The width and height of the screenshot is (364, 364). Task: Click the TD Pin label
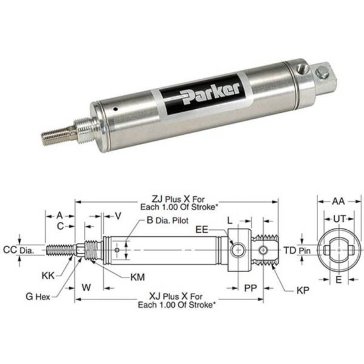(x=297, y=249)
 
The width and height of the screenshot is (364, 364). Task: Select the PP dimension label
(x=251, y=287)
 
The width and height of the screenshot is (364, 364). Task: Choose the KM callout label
(x=137, y=277)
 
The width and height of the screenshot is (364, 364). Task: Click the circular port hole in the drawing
(x=239, y=249)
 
